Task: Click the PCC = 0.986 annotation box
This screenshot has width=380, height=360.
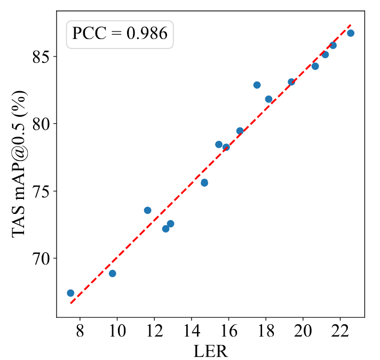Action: point(120,34)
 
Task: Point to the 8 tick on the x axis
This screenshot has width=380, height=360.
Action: point(80,331)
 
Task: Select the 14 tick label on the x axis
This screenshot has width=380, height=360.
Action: point(192,331)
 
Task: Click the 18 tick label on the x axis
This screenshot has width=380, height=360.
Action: point(266,331)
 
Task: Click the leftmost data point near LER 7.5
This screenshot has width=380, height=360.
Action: point(70,293)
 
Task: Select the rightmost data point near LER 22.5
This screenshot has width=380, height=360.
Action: point(351,33)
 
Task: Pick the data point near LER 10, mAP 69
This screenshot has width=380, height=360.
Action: point(112,274)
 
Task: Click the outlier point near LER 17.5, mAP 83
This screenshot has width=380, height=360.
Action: point(257,85)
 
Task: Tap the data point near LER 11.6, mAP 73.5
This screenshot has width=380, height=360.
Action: point(147,210)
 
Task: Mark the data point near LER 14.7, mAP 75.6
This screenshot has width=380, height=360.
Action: point(204,182)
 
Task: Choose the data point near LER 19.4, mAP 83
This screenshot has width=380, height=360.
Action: point(291,82)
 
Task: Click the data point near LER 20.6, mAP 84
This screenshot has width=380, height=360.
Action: point(315,66)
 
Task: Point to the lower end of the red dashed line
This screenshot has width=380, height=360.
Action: point(71,303)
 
